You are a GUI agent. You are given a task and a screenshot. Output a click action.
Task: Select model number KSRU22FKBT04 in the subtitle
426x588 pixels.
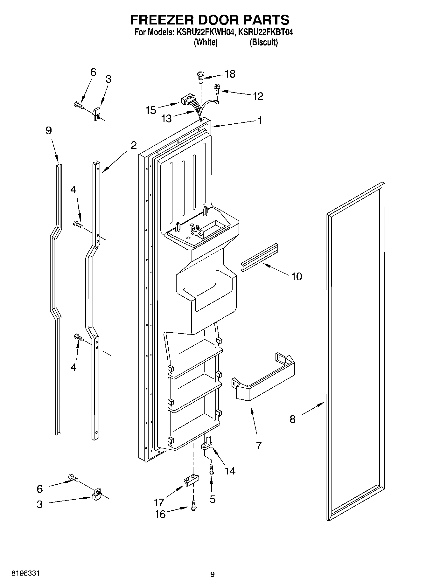266,32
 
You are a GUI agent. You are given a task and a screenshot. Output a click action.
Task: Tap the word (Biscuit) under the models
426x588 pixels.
263,42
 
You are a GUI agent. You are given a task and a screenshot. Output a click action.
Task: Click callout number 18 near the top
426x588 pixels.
230,74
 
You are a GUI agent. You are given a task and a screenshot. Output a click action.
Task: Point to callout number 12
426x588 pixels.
258,96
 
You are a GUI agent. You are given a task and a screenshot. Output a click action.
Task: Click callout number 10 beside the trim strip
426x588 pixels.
297,276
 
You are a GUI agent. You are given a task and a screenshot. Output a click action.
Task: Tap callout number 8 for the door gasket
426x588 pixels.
292,419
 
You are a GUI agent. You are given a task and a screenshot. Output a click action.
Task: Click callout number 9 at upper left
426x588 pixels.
49,131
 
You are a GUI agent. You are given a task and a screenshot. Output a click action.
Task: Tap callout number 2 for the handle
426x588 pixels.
134,145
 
